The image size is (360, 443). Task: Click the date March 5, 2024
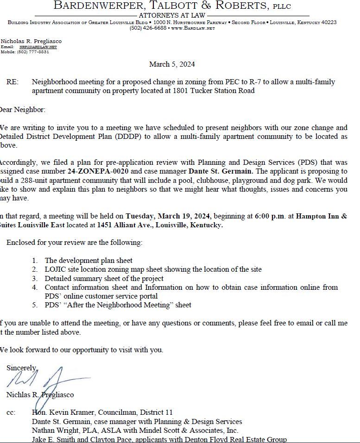pos(172,64)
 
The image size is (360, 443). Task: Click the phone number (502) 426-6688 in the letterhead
pos(148,28)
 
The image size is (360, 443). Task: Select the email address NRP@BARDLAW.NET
pos(38,47)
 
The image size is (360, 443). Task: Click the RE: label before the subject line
pos(13,82)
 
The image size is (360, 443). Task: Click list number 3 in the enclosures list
pos(35,278)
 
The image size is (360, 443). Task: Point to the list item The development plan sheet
pos(88,261)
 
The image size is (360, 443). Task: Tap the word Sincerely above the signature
pos(21,368)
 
